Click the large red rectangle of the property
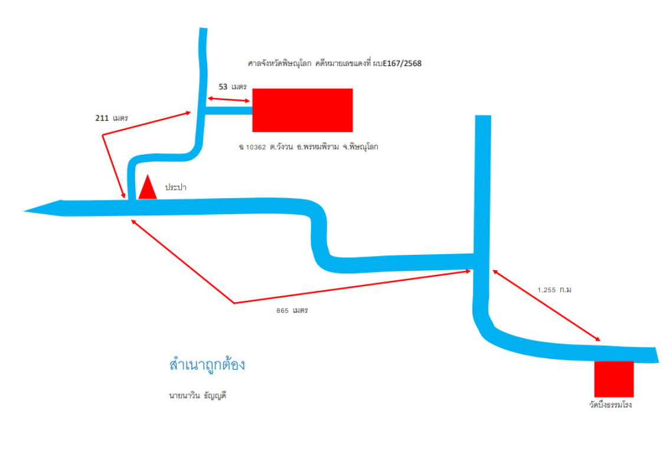click(x=302, y=110)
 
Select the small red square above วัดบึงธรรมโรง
click(x=613, y=379)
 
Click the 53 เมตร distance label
click(x=233, y=87)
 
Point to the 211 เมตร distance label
click(x=112, y=118)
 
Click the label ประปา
click(x=176, y=187)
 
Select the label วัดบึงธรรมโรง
click(x=606, y=406)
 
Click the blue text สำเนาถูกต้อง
click(x=207, y=365)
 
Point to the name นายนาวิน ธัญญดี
click(x=197, y=396)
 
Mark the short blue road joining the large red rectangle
click(x=229, y=110)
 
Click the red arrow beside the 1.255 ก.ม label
click(x=546, y=306)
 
